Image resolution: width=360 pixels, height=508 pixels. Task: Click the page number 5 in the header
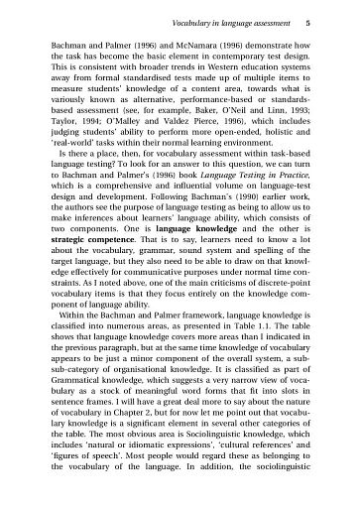pos(310,21)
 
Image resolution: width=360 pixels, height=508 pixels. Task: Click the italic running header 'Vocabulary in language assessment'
pos(226,21)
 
